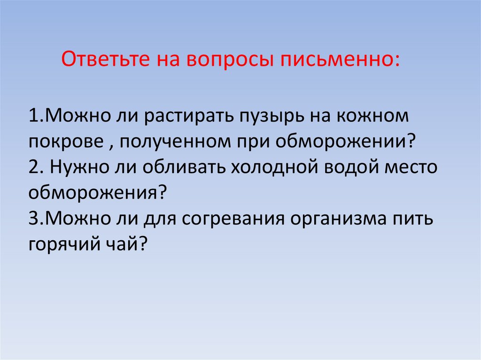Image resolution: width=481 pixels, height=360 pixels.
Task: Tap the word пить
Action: (x=413, y=219)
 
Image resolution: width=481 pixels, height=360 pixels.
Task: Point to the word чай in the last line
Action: (x=124, y=244)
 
